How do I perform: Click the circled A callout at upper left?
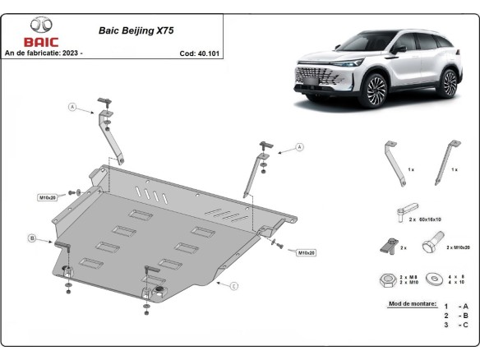coord(72,107)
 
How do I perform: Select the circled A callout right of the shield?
coord(299,147)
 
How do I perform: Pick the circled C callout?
coord(234,286)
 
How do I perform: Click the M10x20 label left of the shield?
coord(47,198)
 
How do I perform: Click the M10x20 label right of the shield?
coord(306,252)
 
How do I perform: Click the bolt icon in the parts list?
coord(431,245)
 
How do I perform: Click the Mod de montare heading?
coord(408,303)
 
